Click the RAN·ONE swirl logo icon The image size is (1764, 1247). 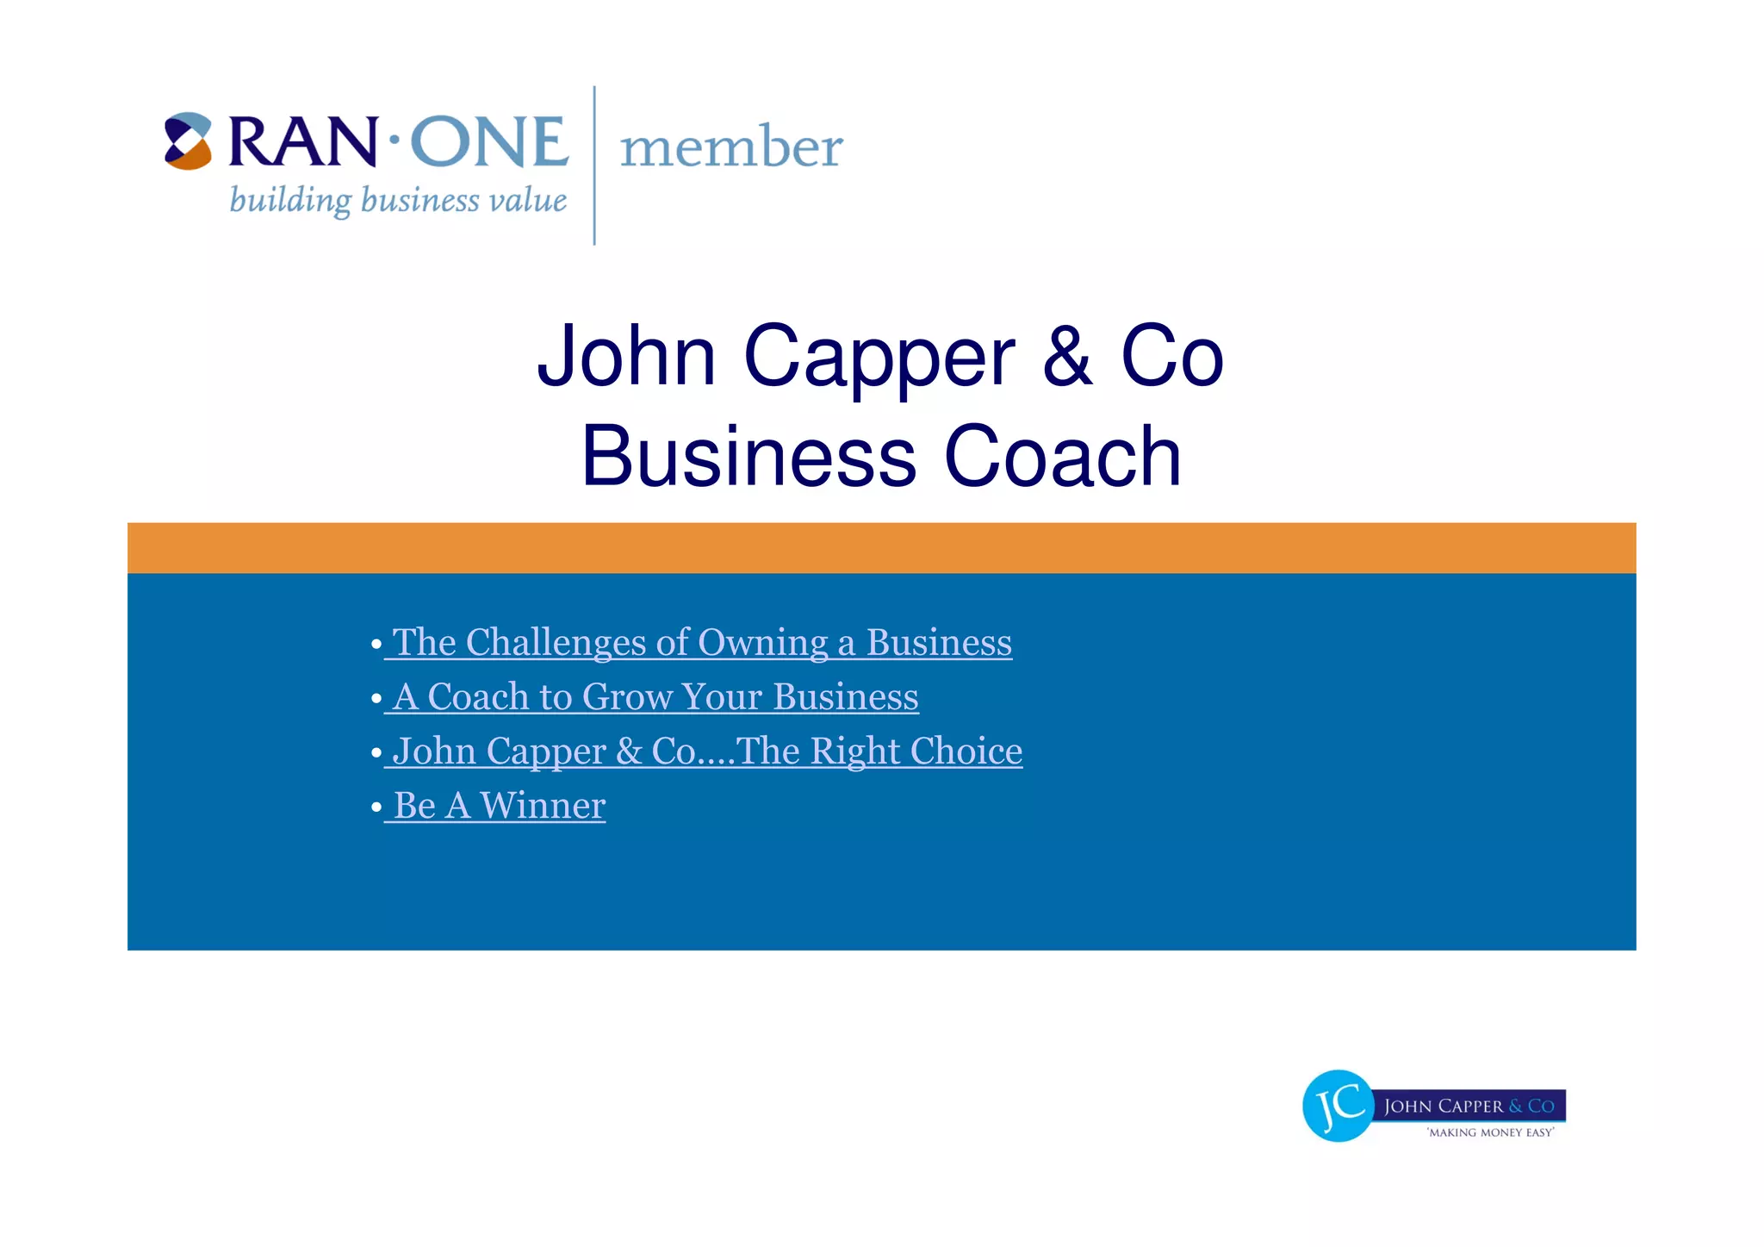pos(188,141)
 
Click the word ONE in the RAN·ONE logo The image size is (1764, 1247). pos(488,142)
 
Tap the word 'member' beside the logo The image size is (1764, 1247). pos(731,147)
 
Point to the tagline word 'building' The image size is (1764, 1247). pos(290,201)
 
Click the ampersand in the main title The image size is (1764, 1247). pos(1067,357)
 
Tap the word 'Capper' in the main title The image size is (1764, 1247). pos(879,359)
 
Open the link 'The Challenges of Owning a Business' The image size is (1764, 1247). pos(702,643)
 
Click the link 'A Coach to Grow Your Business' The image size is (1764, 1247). pos(655,697)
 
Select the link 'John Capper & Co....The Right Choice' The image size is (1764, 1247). pos(707,751)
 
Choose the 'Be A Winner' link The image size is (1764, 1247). pos(500,806)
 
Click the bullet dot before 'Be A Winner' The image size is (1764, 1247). pos(376,807)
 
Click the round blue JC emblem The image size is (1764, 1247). pos(1338,1106)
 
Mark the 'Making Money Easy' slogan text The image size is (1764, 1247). pos(1491,1132)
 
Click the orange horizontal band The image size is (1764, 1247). pos(881,548)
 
